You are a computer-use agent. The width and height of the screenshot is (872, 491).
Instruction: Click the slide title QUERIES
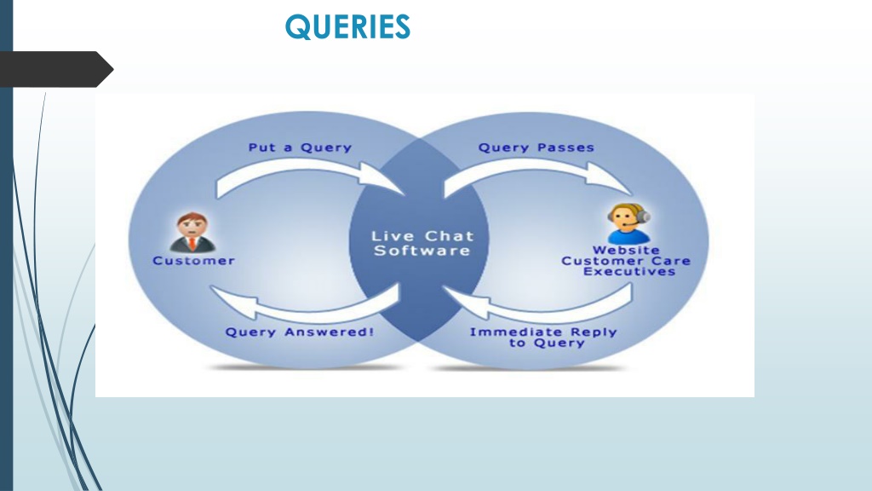(x=347, y=26)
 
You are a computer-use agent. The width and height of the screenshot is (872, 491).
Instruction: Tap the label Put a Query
(x=300, y=147)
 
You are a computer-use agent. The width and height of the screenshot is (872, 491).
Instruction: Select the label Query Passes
(x=536, y=147)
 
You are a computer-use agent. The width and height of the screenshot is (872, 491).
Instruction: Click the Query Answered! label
(x=299, y=332)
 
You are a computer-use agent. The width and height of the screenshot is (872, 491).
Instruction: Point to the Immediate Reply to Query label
(x=543, y=338)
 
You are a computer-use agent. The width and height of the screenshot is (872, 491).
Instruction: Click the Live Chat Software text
(x=422, y=243)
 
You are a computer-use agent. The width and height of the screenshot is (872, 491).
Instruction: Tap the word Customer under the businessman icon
(x=193, y=261)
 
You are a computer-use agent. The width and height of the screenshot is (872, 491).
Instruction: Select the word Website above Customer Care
(x=626, y=250)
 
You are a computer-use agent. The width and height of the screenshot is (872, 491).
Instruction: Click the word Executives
(x=629, y=272)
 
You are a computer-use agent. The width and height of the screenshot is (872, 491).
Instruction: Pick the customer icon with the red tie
(x=192, y=232)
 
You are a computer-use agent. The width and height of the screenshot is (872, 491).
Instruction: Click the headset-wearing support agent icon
(x=628, y=223)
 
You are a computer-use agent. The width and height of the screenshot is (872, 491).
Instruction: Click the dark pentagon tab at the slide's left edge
(x=55, y=69)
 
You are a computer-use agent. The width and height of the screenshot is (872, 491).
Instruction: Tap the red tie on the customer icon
(x=192, y=243)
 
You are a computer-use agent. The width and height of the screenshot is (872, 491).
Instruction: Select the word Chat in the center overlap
(x=449, y=236)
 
